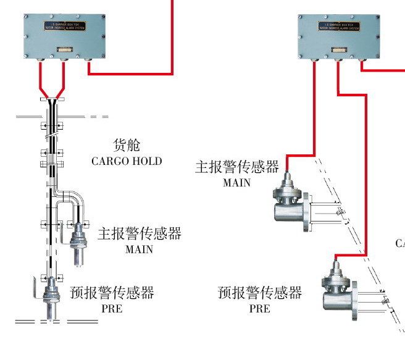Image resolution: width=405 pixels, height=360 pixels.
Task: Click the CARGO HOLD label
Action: pyautogui.click(x=127, y=161)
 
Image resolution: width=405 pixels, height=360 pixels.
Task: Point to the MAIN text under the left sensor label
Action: pyautogui.click(x=138, y=249)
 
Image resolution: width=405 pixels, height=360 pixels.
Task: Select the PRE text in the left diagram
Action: pyautogui.click(x=112, y=308)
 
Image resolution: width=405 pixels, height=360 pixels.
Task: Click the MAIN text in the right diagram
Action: pyautogui.click(x=236, y=182)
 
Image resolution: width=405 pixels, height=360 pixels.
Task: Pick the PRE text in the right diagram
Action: pyautogui.click(x=259, y=308)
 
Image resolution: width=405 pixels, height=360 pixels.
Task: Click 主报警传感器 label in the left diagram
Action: pyautogui.click(x=140, y=234)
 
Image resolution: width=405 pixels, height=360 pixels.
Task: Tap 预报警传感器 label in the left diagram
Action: pyautogui.click(x=112, y=292)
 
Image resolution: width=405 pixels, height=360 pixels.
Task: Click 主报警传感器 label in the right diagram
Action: pyautogui.click(x=237, y=167)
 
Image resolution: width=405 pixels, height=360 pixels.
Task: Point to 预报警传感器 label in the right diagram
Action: pyautogui.click(x=260, y=292)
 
